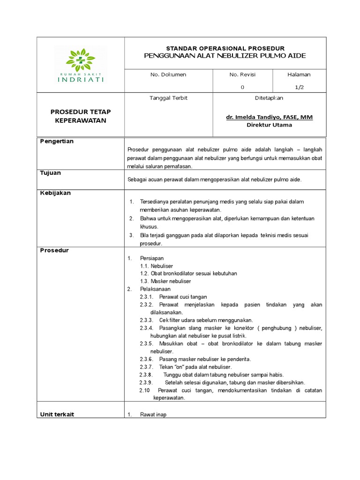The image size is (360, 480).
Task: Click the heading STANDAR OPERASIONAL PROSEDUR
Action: [225, 48]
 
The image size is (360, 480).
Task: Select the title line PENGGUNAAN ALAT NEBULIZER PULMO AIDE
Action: [225, 56]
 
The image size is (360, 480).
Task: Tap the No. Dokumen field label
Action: [168, 75]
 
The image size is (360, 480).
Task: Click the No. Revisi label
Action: [242, 75]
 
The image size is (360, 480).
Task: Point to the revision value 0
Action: [242, 87]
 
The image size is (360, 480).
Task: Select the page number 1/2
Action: [299, 87]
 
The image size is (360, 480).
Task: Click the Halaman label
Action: [299, 75]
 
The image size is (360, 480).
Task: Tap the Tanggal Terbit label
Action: [168, 98]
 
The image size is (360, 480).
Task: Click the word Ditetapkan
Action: [269, 98]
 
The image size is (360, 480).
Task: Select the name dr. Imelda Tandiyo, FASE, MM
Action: [269, 117]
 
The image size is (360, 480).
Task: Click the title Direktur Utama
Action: [269, 125]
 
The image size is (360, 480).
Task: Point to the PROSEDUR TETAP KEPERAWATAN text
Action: [81, 116]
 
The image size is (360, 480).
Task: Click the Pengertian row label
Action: [57, 141]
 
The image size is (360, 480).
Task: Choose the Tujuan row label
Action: [51, 172]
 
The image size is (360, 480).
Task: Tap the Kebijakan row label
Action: [55, 193]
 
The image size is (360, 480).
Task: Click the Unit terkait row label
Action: [57, 414]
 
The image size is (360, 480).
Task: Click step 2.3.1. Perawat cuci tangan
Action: [173, 297]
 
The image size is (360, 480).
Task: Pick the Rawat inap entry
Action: [153, 415]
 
